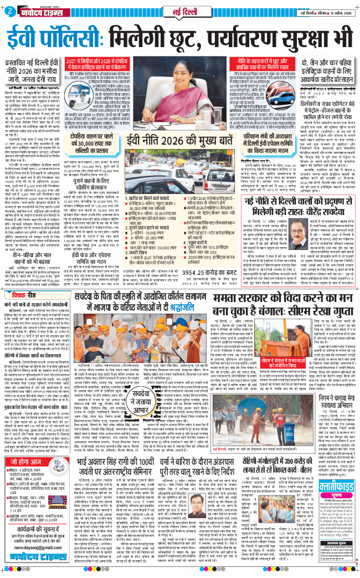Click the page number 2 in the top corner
(x=11, y=12)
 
